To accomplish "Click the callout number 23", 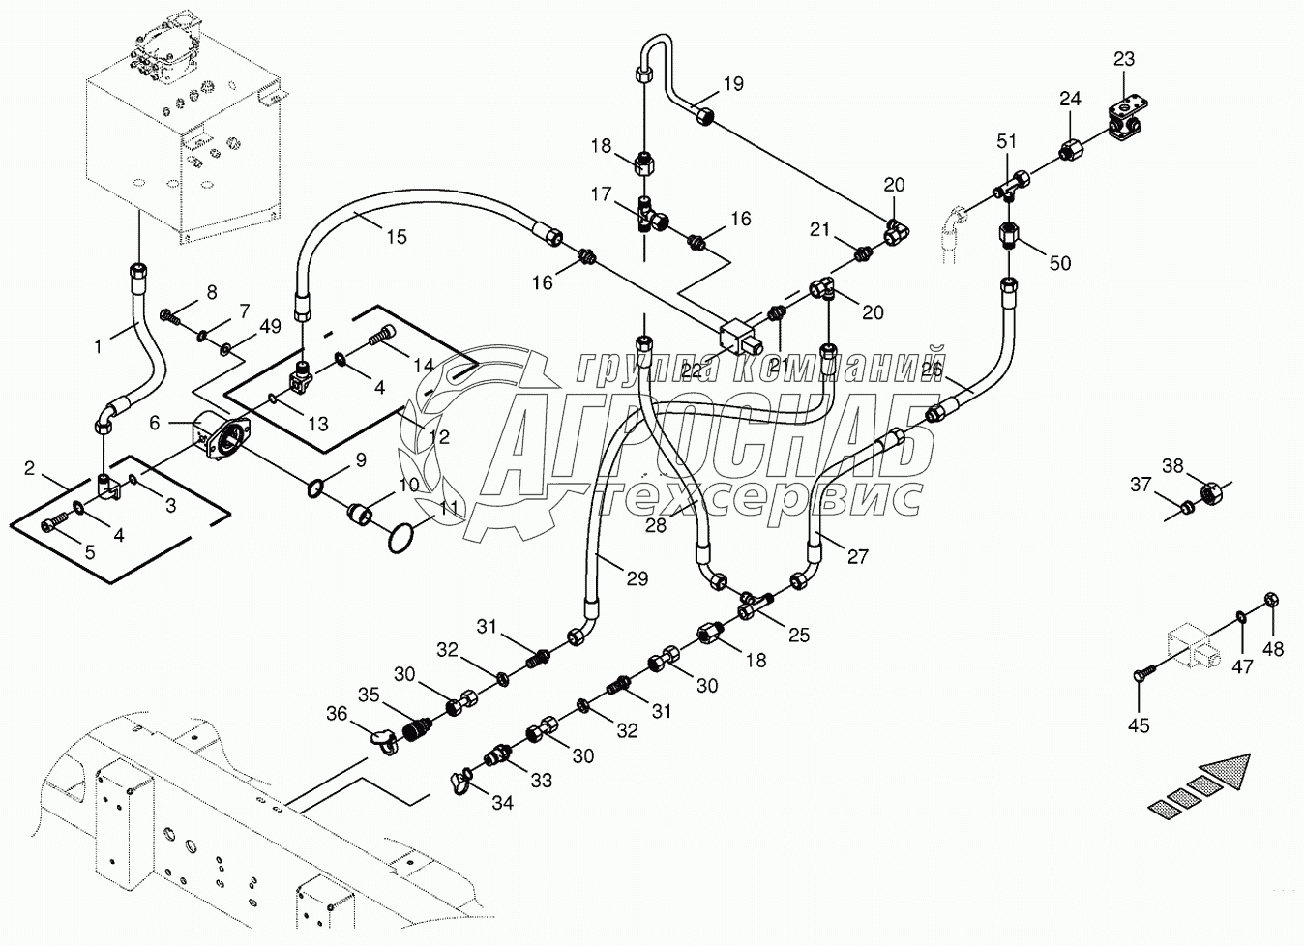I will click(x=1123, y=60).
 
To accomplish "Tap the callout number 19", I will click(x=733, y=84).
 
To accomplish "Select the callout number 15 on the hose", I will click(x=396, y=236).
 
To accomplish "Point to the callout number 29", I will click(x=636, y=579).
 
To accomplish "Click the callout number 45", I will click(x=1140, y=724).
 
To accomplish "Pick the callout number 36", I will click(x=337, y=714).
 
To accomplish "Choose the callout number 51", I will click(x=1007, y=141).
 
